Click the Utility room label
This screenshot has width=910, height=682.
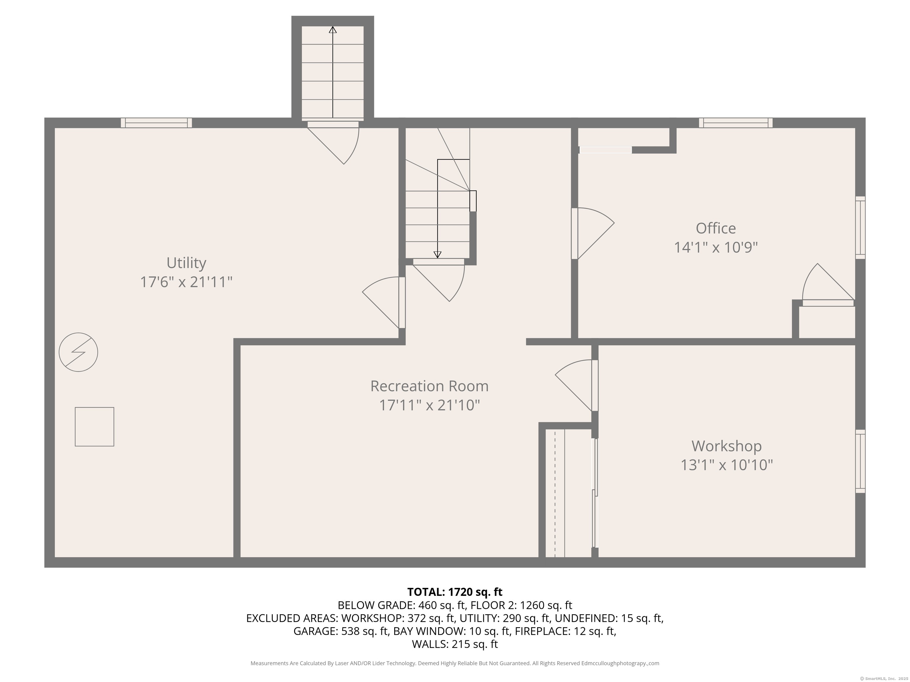coord(186,263)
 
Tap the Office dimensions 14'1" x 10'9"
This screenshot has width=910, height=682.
coord(715,247)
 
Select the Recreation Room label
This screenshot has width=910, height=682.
coord(429,386)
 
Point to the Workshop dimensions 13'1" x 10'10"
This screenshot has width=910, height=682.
coord(727,465)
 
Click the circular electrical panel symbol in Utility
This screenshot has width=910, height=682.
coord(78,352)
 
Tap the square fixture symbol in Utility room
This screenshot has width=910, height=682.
coord(94,427)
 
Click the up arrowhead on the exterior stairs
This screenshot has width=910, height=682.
coord(333,30)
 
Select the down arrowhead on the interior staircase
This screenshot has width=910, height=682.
coord(437,255)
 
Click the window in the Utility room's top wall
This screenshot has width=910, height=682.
coord(156,123)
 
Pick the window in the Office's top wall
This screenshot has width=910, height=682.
coord(736,123)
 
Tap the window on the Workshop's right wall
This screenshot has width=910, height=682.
coord(860,461)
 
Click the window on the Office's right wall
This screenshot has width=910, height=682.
coord(860,227)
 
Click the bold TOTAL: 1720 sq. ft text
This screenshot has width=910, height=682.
coord(455,592)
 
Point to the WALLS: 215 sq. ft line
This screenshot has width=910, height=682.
coord(455,644)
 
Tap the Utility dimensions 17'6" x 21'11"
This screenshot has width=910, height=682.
coord(186,282)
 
